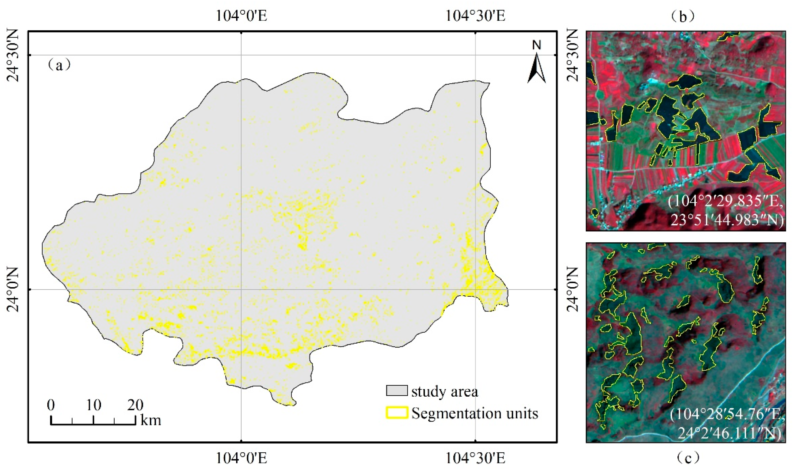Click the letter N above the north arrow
537,45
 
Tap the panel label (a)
59,65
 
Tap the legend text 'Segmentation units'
475,413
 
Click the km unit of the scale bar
151,420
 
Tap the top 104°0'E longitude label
241,15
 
